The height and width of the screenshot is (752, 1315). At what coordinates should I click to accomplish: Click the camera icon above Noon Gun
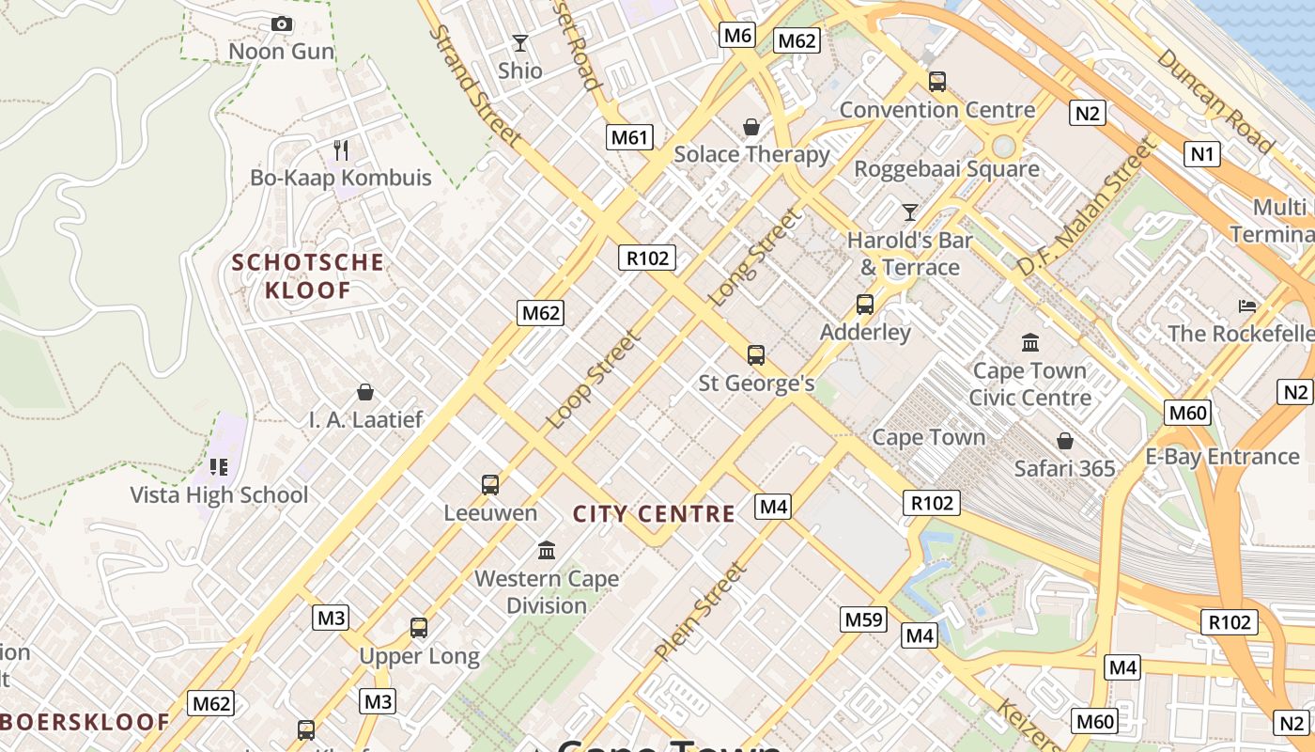tap(281, 24)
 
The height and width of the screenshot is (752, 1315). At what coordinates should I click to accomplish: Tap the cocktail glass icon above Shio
tap(519, 43)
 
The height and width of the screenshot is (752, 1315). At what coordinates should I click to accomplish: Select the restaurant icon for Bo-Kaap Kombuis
tap(341, 149)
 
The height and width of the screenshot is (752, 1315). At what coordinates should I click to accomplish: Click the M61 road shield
tap(629, 137)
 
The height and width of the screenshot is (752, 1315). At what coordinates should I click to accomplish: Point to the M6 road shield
tap(737, 36)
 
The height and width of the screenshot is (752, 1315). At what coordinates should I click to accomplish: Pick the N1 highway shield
tap(1201, 153)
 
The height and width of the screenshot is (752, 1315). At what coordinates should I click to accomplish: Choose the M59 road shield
tap(863, 619)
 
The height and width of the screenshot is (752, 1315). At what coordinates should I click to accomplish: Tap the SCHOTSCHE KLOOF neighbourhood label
tap(308, 275)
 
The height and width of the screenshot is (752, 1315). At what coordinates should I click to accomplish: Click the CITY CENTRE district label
tap(654, 514)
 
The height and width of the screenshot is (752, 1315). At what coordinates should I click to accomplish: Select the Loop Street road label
tap(593, 379)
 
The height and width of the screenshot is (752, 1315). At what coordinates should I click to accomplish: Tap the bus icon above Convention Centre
tap(936, 82)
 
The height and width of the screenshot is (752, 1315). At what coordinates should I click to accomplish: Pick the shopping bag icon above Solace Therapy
tap(751, 127)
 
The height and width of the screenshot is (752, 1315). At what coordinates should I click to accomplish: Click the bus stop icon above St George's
tap(756, 355)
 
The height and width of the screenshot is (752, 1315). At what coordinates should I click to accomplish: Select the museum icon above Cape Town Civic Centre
tap(1029, 342)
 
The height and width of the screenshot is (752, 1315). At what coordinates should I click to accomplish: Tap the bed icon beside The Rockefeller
tap(1247, 305)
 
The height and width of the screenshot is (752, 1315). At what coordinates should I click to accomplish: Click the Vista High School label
tap(219, 495)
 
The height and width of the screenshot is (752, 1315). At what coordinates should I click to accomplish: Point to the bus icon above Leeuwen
tap(489, 485)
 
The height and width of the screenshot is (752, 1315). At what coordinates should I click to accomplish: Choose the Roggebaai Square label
tap(946, 169)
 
